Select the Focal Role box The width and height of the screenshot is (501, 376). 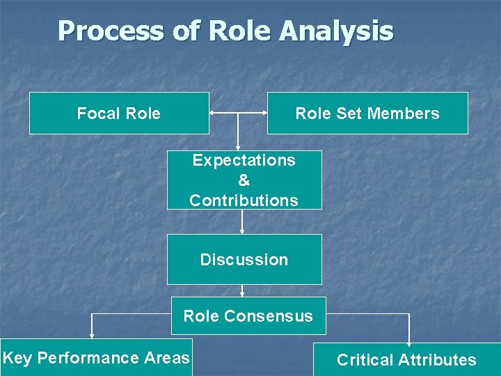119,113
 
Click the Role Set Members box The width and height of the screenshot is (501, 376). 367,113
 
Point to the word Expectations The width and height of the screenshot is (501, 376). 244,160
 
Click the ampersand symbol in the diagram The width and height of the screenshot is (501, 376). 244,180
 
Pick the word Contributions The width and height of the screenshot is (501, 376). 244,201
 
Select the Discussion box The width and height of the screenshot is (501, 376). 244,259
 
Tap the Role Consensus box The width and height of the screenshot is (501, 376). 248,316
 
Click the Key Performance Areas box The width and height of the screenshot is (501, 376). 96,358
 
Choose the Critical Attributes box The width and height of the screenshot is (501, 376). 406,360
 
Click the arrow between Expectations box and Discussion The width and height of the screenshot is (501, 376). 242,221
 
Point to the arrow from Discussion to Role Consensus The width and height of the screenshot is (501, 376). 242,291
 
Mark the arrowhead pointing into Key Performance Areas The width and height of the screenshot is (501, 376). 91,336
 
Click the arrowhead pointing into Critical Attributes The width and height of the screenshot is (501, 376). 408,340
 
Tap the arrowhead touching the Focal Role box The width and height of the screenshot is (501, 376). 212,113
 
